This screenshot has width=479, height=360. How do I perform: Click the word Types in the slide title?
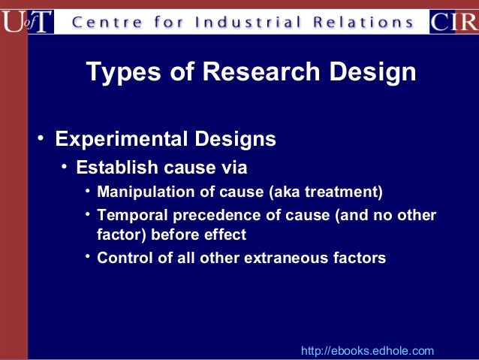tap(121, 72)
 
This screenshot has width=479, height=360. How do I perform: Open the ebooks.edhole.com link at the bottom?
tap(367, 351)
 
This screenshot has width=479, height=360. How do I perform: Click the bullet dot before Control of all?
tap(88, 258)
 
